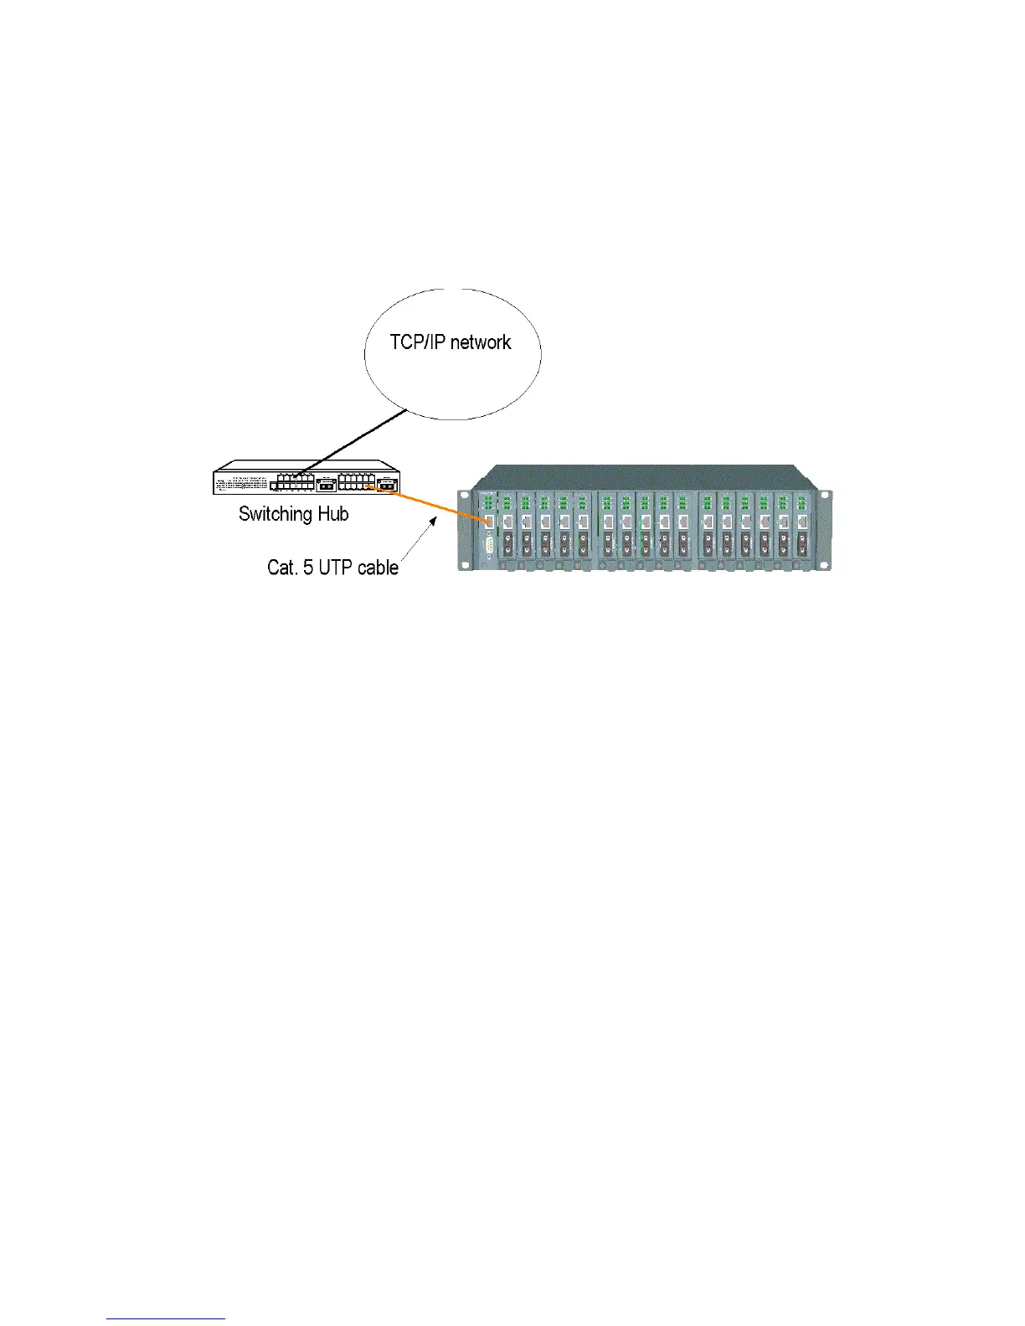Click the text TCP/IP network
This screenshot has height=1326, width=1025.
coord(450,342)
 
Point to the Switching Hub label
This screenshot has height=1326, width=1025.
coord(293,514)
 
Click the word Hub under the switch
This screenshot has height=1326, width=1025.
coord(332,514)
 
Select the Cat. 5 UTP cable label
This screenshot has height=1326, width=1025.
coord(332,568)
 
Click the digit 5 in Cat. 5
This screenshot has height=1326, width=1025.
coord(307,568)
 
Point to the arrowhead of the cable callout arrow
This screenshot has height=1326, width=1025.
coord(434,519)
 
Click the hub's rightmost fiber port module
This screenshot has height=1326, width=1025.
coord(388,485)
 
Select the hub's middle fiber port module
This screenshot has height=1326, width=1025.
coord(326,485)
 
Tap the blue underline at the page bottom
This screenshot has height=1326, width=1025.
coord(167,1319)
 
